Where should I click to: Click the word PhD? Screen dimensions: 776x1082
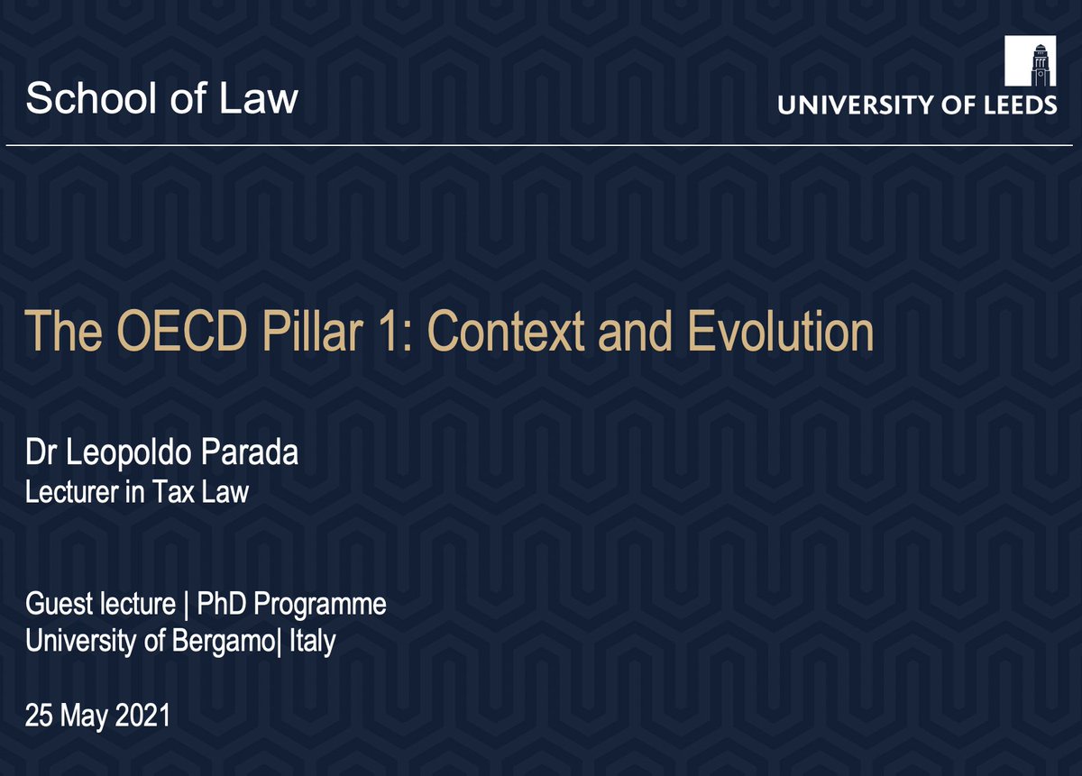tap(229, 603)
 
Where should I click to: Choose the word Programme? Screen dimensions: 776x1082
tap(323, 603)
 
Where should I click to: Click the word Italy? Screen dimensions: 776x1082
tap(311, 643)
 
